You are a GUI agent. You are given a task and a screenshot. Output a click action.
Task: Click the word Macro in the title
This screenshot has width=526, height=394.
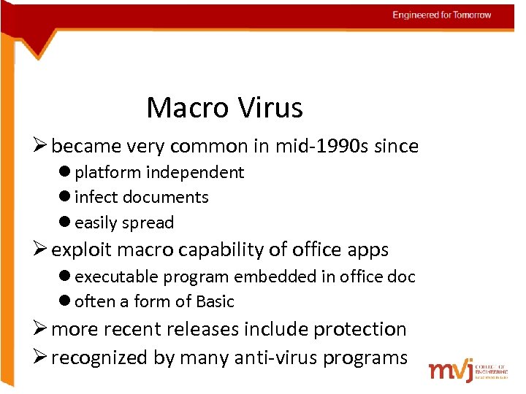184,108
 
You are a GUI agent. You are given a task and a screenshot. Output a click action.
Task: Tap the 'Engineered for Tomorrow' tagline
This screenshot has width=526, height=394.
441,15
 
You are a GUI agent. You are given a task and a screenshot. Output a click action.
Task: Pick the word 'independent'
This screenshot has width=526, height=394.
195,172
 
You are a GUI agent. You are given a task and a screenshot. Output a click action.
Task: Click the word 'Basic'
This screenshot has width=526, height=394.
216,301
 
